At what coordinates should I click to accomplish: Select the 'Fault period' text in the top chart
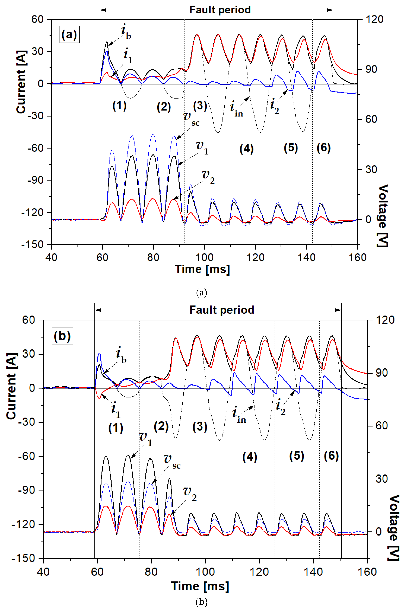(220, 10)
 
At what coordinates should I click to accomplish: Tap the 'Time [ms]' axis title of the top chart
(202, 269)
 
